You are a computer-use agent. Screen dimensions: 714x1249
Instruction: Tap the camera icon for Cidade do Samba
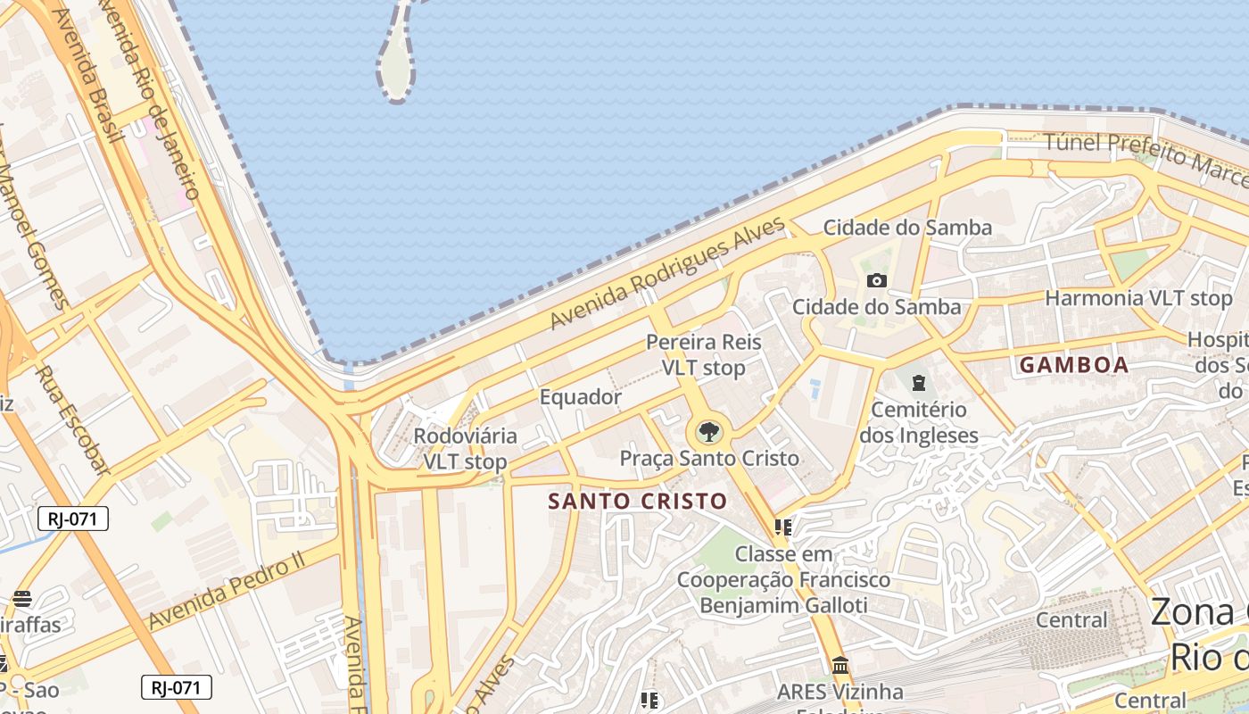[x=877, y=281]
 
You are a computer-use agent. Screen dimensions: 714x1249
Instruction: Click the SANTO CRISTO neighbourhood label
[x=638, y=502]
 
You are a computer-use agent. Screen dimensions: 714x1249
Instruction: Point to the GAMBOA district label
[x=1074, y=365]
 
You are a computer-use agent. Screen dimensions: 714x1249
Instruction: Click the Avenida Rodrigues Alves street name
[x=667, y=272]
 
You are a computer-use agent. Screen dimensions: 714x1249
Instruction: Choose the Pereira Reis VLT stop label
[x=704, y=355]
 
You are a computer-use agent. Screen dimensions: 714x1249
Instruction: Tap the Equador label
[x=581, y=397]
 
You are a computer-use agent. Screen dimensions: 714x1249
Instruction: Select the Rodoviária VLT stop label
[x=465, y=449]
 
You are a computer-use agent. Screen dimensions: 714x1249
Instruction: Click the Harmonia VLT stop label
[x=1138, y=298]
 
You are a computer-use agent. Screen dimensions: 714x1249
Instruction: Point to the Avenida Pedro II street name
[x=227, y=590]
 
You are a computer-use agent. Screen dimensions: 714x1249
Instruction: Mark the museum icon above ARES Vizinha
[x=840, y=666]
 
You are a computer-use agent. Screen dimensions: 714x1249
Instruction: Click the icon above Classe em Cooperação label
[x=783, y=527]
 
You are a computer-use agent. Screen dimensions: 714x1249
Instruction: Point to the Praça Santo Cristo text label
[x=709, y=459]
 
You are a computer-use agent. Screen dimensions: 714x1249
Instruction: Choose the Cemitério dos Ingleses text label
[x=919, y=423]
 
